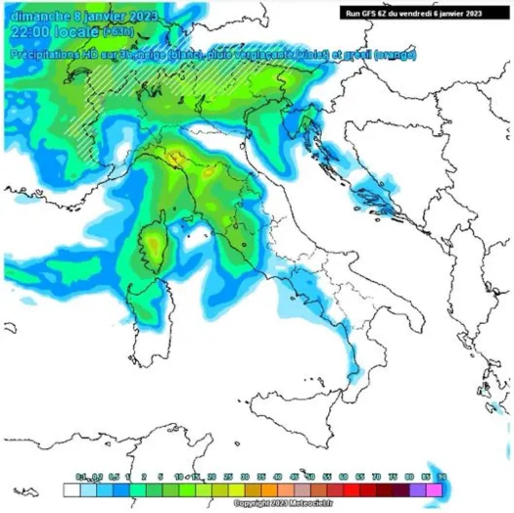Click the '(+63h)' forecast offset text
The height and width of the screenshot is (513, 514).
pos(117,32)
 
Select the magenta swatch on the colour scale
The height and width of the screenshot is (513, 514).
pos(435,490)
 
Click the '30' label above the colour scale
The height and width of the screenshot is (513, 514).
pos(245,477)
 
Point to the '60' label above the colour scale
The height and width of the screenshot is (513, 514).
pos(344,477)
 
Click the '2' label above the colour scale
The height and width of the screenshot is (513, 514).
pos(143,477)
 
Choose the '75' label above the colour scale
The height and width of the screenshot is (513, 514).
pos(393,477)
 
